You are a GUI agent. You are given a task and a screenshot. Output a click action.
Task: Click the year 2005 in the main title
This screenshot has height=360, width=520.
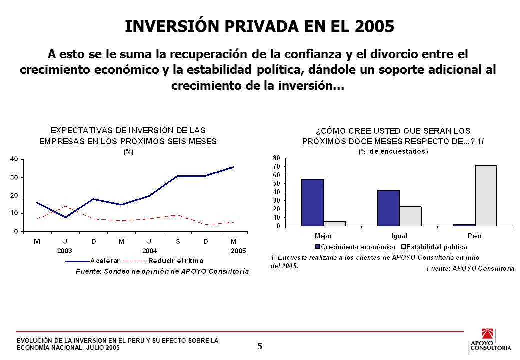pyautogui.click(x=374, y=26)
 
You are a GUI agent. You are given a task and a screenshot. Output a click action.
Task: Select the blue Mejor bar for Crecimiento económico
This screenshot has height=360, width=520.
pyautogui.click(x=312, y=202)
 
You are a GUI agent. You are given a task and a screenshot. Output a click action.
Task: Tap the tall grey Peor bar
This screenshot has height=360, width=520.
pyautogui.click(x=486, y=195)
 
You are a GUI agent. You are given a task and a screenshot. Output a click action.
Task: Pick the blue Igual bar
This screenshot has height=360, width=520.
pyautogui.click(x=388, y=208)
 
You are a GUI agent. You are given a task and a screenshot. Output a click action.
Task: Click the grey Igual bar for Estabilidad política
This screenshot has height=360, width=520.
pyautogui.click(x=410, y=216)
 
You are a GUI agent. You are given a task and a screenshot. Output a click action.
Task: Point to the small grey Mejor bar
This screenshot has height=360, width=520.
pyautogui.click(x=334, y=224)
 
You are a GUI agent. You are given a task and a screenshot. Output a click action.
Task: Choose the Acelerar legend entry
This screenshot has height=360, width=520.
pyautogui.click(x=92, y=261)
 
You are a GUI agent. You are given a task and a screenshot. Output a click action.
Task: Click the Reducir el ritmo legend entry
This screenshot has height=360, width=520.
pyautogui.click(x=163, y=261)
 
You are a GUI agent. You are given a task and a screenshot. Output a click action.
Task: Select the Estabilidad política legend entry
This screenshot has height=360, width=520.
pyautogui.click(x=434, y=247)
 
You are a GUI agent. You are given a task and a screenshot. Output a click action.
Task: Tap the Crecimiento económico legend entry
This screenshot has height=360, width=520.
pyautogui.click(x=355, y=247)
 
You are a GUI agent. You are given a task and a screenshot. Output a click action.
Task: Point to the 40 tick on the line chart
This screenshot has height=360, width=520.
pyautogui.click(x=14, y=159)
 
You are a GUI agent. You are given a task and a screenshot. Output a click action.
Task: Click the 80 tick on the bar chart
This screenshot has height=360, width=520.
pyautogui.click(x=276, y=158)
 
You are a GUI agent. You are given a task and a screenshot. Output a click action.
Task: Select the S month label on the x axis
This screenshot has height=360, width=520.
pyautogui.click(x=178, y=241)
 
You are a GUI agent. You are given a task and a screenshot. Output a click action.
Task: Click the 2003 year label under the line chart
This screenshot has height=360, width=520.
pyautogui.click(x=64, y=251)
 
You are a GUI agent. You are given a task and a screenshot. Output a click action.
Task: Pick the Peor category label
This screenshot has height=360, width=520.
pyautogui.click(x=475, y=236)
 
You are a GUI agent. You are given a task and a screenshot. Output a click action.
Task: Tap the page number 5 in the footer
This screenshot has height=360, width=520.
pyautogui.click(x=260, y=346)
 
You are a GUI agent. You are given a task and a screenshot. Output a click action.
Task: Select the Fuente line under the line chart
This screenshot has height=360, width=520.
pyautogui.click(x=162, y=272)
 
